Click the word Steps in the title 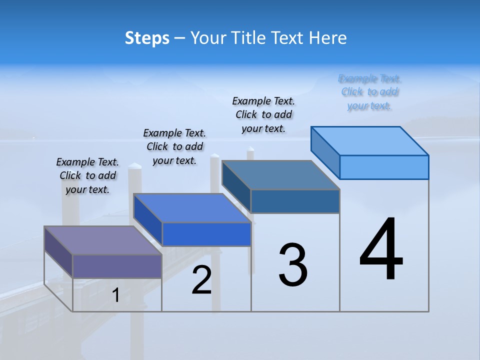point(147,38)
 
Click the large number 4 point(381,249)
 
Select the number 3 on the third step point(293,265)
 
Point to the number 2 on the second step point(202,280)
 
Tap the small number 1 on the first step point(115,295)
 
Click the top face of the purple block point(102,240)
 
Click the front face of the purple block point(117,266)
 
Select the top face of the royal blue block point(192,207)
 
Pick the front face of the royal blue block point(206,234)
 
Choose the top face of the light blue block point(370,140)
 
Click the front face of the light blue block point(384,167)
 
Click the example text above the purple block point(87,175)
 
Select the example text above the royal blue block point(174,146)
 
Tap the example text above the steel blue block point(263,114)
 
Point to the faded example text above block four point(369,92)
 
